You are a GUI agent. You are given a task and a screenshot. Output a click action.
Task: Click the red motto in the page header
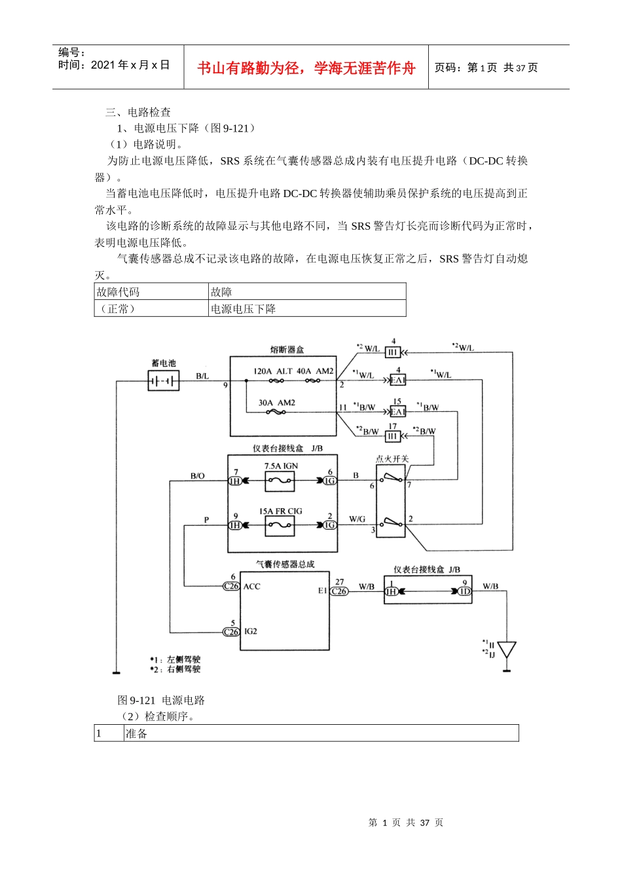(306, 68)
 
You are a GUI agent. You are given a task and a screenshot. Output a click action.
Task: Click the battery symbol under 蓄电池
(163, 380)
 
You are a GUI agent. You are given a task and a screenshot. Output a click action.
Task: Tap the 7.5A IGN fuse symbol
(280, 482)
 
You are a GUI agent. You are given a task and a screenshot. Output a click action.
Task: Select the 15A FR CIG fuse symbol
(280, 526)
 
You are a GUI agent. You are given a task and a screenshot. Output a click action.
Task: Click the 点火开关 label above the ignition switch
(392, 459)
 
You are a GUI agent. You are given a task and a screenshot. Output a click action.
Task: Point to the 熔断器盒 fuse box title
(287, 350)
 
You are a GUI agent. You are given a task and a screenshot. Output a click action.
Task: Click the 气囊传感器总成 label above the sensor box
(285, 564)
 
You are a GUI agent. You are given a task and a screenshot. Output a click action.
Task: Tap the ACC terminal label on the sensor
(252, 587)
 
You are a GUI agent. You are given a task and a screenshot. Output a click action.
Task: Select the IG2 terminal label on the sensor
(251, 632)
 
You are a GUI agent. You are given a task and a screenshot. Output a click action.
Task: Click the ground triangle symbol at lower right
(507, 650)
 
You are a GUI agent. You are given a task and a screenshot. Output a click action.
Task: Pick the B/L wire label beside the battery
(202, 376)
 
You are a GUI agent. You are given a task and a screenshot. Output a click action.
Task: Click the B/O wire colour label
(197, 476)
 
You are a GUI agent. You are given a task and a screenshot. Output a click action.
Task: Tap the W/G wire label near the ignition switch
(357, 519)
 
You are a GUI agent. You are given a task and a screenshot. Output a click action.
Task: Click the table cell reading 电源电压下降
(243, 309)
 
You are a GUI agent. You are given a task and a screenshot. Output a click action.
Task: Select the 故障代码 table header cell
(119, 292)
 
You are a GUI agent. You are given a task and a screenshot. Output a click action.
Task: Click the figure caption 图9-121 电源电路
(161, 700)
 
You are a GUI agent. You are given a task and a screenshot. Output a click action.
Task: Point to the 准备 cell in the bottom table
(136, 733)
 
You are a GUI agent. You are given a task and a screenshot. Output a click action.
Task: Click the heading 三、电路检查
(138, 112)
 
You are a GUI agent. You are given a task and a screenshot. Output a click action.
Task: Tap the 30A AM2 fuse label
(276, 403)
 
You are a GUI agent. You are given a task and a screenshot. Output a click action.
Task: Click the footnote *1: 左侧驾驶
(175, 659)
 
